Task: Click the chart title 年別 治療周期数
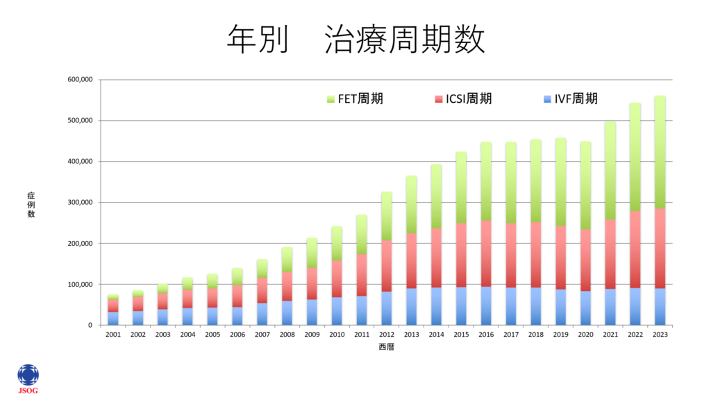tap(355, 40)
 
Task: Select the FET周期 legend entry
tap(355, 99)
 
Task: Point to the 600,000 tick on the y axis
tap(80, 80)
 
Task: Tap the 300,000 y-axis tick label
tap(80, 203)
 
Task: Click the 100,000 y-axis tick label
tap(80, 285)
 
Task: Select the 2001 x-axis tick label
tap(112, 335)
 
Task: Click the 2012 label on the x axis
tap(386, 335)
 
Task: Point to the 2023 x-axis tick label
tap(660, 335)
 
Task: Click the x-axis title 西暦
tap(386, 347)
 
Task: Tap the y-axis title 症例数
tap(31, 205)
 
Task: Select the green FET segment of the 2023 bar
tap(660, 152)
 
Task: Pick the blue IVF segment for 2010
tap(337, 311)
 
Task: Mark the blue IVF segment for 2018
tap(535, 306)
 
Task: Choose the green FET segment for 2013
tap(411, 204)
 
